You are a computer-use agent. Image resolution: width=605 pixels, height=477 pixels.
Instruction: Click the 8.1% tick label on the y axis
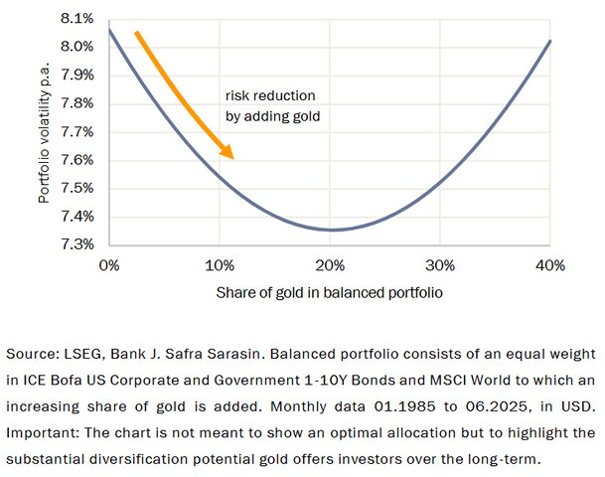78,19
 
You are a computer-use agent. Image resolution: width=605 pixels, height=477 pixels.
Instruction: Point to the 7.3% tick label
78,244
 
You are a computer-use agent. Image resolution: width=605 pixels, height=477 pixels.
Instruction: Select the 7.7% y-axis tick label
78,132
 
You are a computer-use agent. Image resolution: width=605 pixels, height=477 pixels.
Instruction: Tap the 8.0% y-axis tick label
78,47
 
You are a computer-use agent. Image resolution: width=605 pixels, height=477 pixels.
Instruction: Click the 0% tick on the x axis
109,265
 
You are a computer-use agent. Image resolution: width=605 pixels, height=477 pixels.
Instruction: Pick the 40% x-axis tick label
549,265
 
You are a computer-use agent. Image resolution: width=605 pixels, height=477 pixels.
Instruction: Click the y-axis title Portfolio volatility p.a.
44,131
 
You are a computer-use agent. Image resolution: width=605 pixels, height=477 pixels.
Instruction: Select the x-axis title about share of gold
329,295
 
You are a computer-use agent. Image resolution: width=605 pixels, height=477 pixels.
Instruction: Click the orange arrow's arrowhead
227,152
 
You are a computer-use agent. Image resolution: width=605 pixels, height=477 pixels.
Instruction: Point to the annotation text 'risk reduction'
270,96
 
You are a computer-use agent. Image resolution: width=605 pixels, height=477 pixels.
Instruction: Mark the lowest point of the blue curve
333,230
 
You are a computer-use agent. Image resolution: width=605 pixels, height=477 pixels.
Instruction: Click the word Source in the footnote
31,354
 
